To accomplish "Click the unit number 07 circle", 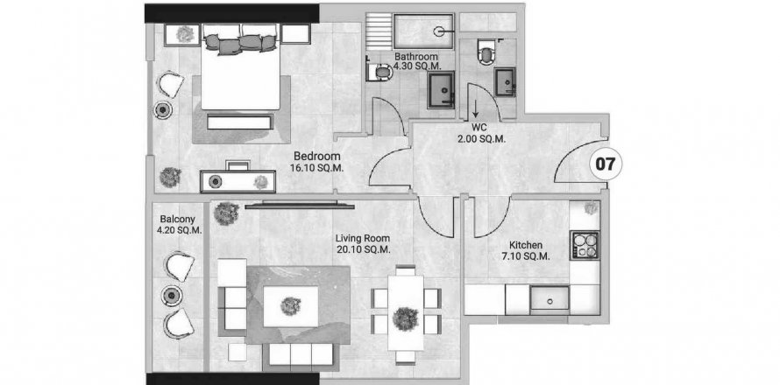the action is (606, 164).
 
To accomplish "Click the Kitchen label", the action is (526, 245).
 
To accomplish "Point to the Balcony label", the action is (178, 219).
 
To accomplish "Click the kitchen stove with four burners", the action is (585, 245).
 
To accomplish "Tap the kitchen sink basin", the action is (550, 300).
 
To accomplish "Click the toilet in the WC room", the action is (486, 52).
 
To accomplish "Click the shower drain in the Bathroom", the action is (438, 31).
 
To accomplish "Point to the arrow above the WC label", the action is (476, 108).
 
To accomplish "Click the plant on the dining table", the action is (405, 318).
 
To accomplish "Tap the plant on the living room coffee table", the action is (290, 306).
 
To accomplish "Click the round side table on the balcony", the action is (172, 296).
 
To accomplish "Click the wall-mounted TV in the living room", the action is (300, 205).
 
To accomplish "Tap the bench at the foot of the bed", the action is (240, 122).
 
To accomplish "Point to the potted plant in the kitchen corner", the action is (591, 207).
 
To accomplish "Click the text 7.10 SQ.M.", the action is (526, 256).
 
